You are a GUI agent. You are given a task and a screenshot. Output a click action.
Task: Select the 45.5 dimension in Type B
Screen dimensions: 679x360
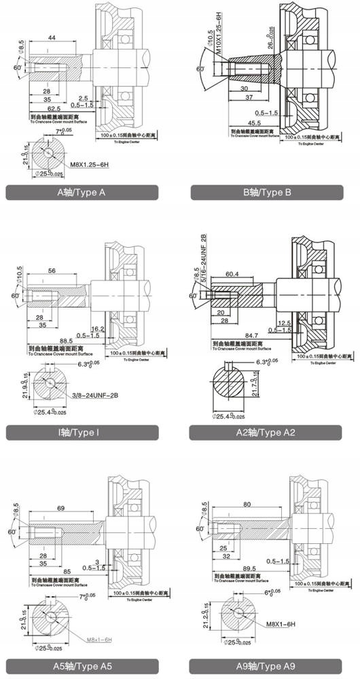(254, 123)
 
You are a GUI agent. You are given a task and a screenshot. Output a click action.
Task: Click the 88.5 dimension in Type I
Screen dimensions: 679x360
(66, 341)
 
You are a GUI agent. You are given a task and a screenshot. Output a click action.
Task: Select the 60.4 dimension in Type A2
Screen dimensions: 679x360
(232, 274)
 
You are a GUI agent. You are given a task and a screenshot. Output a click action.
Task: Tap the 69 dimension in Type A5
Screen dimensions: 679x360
(60, 508)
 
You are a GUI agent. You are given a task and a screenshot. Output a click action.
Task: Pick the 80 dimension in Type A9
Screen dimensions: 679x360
(247, 504)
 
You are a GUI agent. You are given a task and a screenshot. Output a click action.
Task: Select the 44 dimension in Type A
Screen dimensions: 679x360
(52, 39)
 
